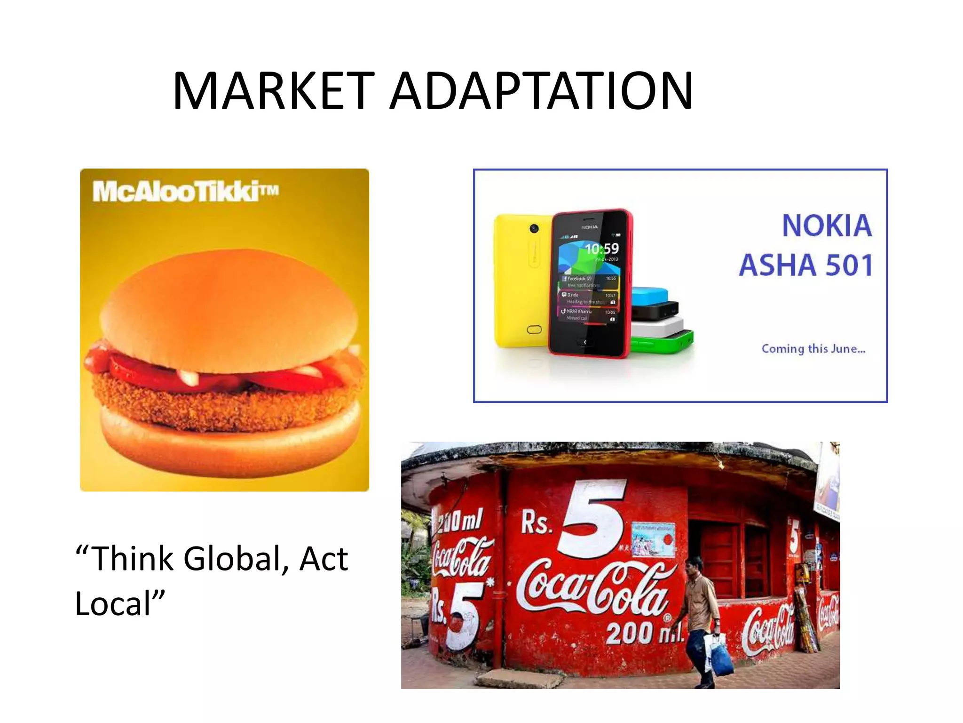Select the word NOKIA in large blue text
pos(827,226)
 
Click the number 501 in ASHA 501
pos(849,265)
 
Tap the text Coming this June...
pos(813,349)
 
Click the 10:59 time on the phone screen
pos(601,249)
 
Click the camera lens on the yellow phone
pos(534,229)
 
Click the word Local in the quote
pos(113,604)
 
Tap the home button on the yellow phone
pos(534,329)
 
